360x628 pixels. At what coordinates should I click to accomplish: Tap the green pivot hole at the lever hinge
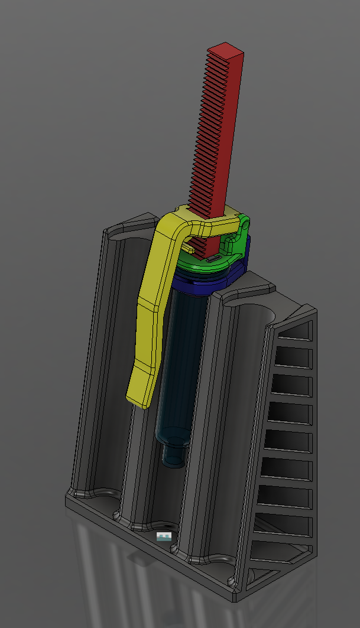click(x=243, y=225)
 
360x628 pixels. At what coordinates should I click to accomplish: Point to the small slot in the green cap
click(x=212, y=258)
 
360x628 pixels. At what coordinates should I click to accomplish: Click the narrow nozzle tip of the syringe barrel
click(x=172, y=457)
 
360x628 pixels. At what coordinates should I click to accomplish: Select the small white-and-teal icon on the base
click(x=164, y=536)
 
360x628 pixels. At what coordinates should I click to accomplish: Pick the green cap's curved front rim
click(x=201, y=269)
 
